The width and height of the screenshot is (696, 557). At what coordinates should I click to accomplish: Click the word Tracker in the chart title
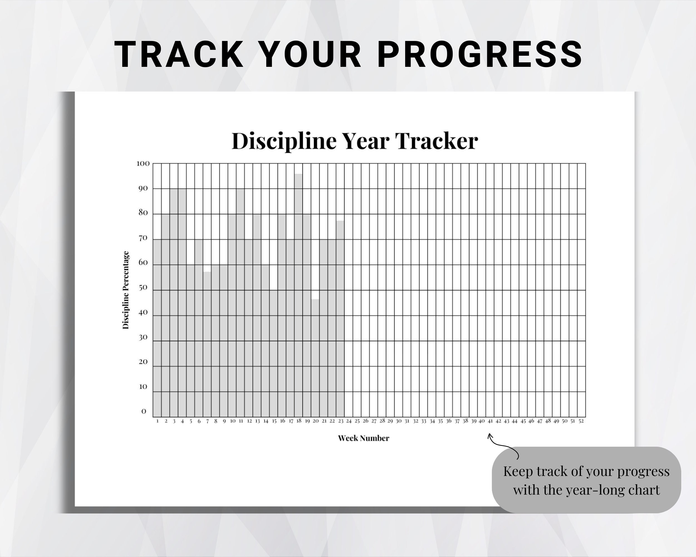[436, 141]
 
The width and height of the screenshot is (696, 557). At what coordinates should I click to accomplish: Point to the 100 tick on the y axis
[143, 163]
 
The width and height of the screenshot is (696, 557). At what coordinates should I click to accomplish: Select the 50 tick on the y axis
[143, 288]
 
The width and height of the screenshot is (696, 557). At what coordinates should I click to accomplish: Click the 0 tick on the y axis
[144, 411]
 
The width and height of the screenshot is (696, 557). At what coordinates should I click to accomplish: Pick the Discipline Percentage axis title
[126, 290]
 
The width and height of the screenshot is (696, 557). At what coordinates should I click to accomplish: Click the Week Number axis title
[364, 438]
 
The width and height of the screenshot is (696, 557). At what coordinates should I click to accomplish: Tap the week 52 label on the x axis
[581, 421]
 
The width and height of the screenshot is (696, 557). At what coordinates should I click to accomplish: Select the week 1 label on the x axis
[157, 421]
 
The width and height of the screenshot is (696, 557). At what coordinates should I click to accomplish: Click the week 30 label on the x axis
[399, 421]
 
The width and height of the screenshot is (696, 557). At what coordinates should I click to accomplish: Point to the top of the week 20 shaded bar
[315, 299]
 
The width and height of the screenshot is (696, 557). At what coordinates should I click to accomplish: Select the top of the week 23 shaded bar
[340, 221]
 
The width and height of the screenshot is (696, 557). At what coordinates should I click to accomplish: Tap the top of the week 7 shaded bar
[207, 272]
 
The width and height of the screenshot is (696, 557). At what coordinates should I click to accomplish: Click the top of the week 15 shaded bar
[274, 290]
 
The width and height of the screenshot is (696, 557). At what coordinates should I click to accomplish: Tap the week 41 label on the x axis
[490, 421]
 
